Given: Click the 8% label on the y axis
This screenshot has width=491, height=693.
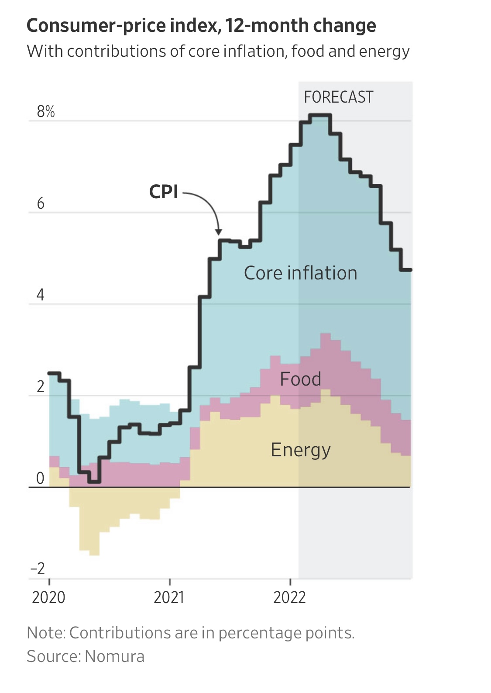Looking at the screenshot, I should click(x=46, y=112).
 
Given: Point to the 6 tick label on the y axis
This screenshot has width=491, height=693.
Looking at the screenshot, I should click(x=41, y=203).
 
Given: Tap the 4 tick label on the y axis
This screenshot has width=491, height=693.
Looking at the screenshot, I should click(x=40, y=295).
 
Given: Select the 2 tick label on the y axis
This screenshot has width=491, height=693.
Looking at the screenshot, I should click(x=41, y=387).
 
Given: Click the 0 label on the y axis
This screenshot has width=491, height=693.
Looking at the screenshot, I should click(x=40, y=479).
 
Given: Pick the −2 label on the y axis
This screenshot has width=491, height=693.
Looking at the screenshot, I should click(x=38, y=569).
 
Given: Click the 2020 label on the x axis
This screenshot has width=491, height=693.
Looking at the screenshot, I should click(x=48, y=597).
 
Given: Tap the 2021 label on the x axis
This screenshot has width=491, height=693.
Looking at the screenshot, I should click(x=169, y=597).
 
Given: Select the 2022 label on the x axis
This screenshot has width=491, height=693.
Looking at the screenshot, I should click(x=289, y=597).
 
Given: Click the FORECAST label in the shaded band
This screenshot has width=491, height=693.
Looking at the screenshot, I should click(x=339, y=97).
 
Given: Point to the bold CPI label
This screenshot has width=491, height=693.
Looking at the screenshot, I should click(x=164, y=192).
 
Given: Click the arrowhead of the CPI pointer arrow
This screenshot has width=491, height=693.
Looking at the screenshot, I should click(x=219, y=232).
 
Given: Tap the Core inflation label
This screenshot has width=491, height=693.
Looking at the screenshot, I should click(x=300, y=273).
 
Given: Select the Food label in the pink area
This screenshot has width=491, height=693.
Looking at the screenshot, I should click(x=300, y=379).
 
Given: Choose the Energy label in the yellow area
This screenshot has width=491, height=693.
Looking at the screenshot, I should click(x=300, y=450).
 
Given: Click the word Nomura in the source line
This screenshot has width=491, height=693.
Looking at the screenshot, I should click(x=114, y=656).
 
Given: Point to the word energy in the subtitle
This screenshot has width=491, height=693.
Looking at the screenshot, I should click(x=384, y=52).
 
